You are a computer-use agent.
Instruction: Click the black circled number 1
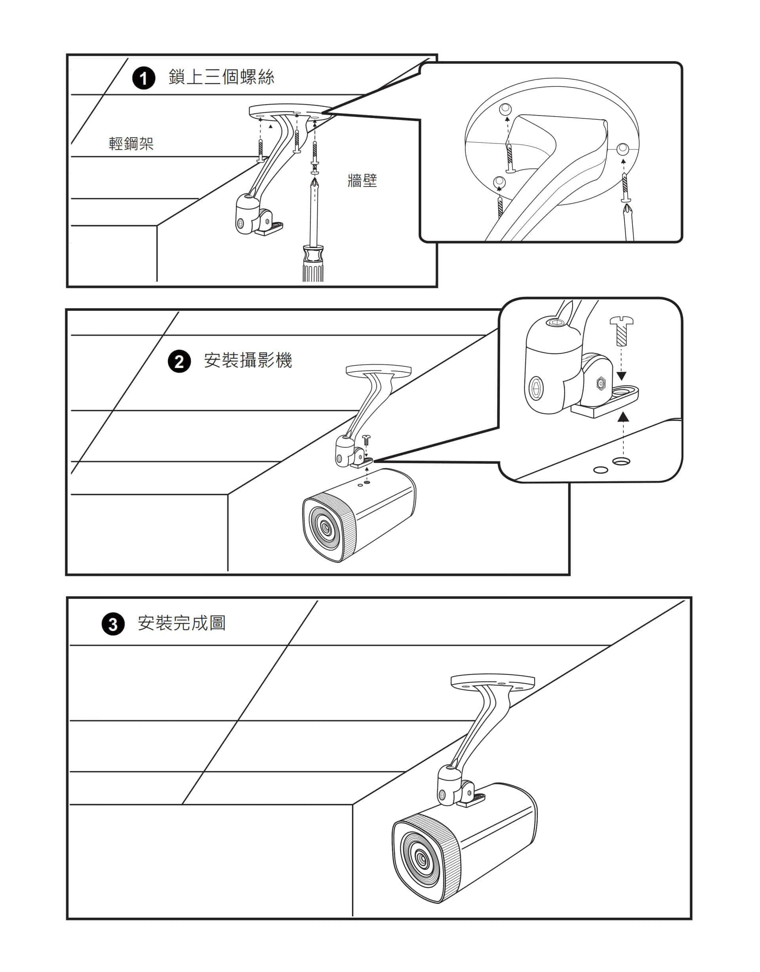tap(144, 79)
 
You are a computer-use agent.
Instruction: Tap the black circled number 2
tap(179, 361)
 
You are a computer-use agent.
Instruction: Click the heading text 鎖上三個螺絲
tap(221, 77)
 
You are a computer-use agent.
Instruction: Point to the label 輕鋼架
tap(131, 144)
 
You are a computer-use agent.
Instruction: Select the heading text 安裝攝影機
tap(248, 360)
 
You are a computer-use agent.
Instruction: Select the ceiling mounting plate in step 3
tap(492, 682)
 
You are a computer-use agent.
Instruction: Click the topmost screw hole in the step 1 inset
tap(505, 108)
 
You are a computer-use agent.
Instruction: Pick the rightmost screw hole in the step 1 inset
tap(623, 149)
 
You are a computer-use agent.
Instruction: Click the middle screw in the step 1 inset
tap(510, 158)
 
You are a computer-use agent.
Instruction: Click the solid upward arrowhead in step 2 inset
tap(624, 416)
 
